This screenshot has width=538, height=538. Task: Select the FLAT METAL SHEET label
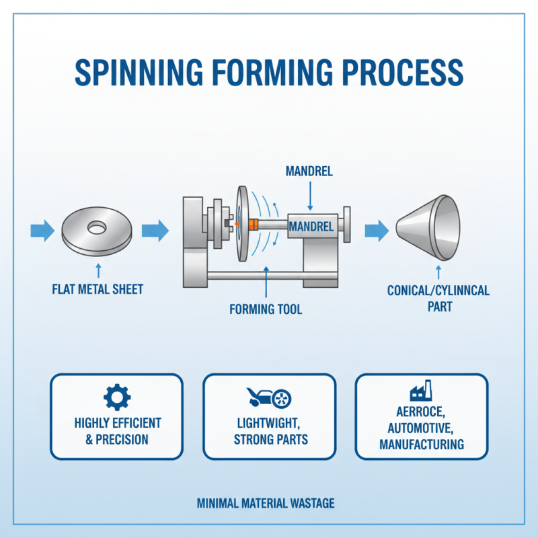point(98,290)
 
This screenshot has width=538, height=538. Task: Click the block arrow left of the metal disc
point(42,231)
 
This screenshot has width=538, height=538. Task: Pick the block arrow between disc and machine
point(155,231)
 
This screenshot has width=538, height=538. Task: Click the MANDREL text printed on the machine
point(311,227)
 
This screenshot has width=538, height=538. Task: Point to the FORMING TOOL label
point(266,310)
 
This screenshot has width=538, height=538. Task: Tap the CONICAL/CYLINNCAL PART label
point(438,298)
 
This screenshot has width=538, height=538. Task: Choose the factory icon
point(421,393)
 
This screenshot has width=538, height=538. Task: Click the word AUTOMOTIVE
point(421,428)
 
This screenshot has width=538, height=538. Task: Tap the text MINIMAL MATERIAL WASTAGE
point(266,503)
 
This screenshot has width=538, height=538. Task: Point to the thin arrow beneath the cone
point(438,272)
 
